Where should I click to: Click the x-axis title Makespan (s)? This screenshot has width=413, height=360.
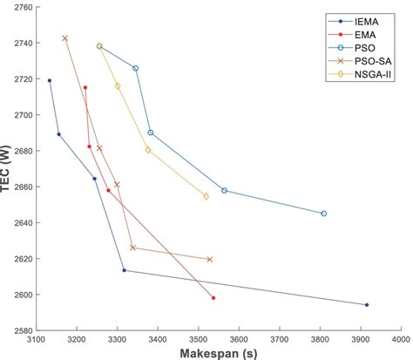tap(218, 354)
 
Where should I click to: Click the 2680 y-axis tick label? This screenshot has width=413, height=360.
tap(19, 151)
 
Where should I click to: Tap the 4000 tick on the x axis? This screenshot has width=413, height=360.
tap(400, 340)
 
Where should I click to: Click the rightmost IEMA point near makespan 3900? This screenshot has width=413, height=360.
tap(367, 305)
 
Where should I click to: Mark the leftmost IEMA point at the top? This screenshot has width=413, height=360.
tap(49, 80)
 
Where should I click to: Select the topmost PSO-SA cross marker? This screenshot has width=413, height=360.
tap(65, 38)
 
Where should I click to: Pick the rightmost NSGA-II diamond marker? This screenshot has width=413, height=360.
tap(206, 196)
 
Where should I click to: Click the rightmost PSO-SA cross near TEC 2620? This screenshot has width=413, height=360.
tap(209, 259)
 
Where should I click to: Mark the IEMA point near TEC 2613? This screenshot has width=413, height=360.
tap(124, 270)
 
